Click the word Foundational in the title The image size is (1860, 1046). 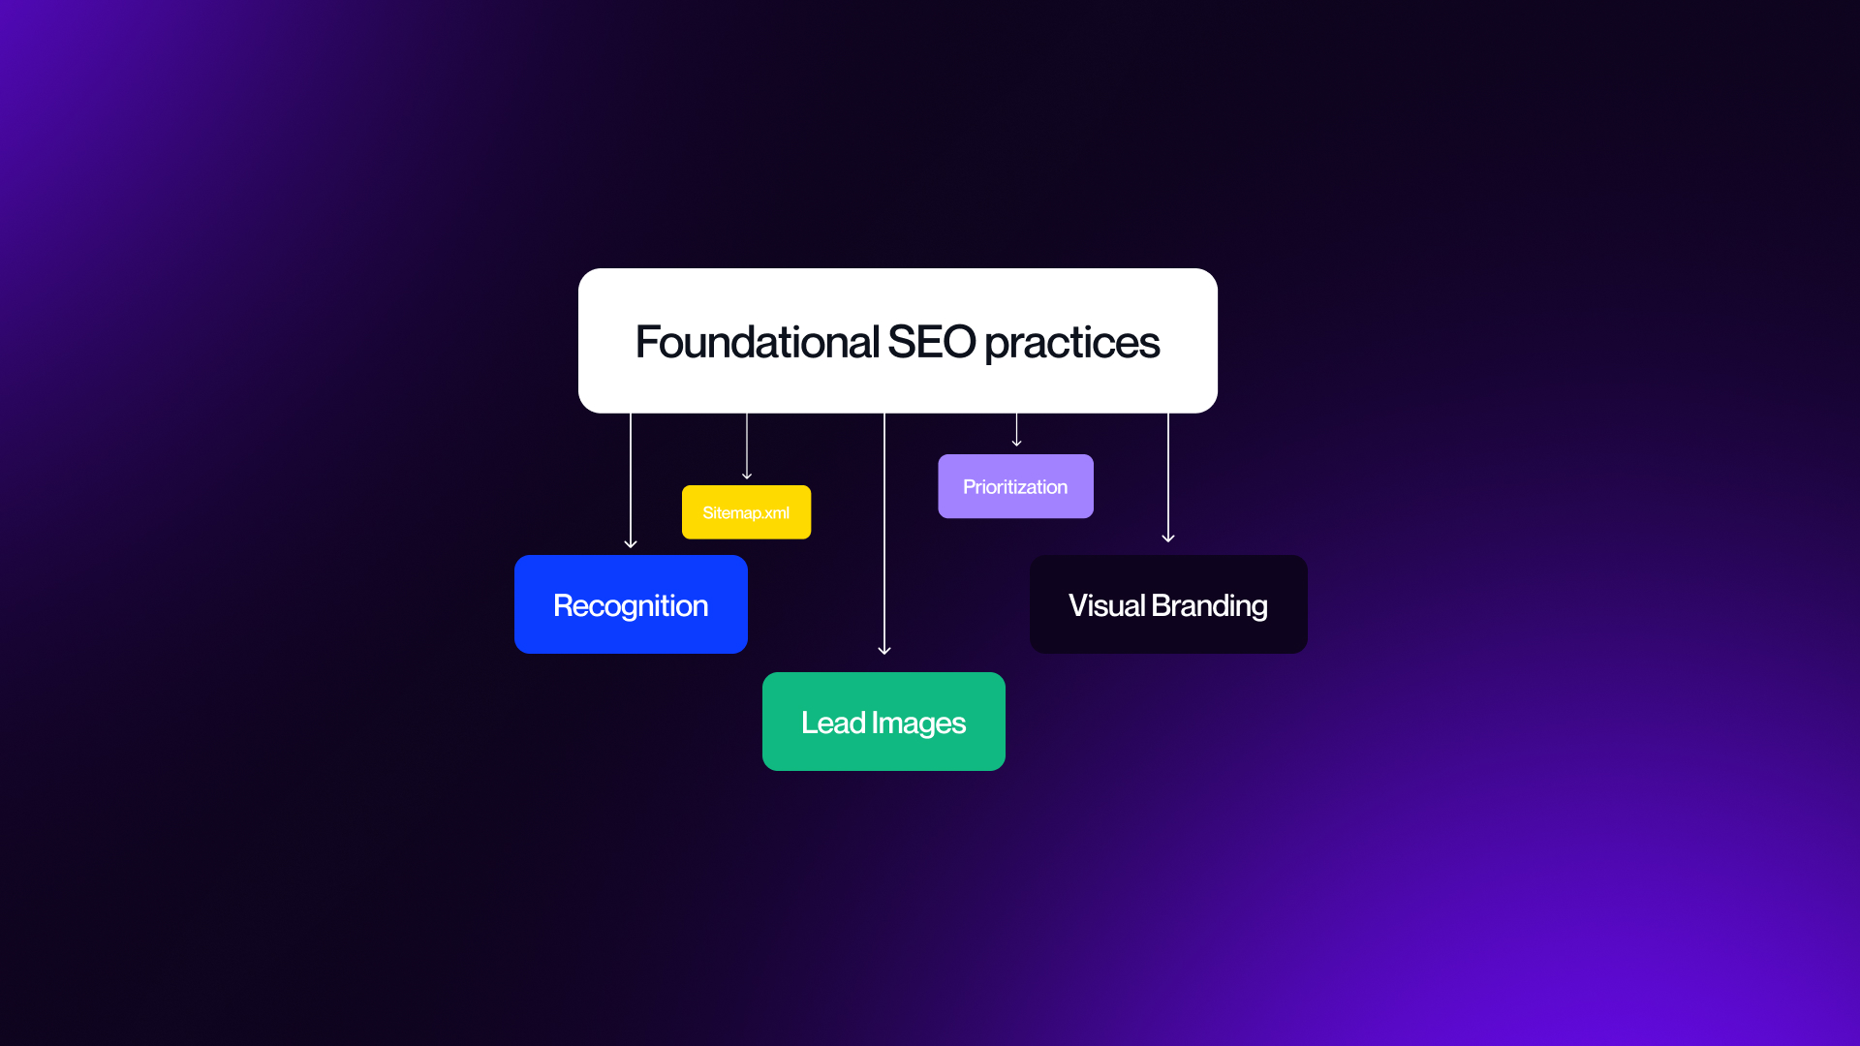pos(757,342)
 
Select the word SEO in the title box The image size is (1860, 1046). pos(931,342)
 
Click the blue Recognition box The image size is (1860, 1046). pos(631,604)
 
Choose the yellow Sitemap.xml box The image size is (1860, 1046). pos(746,512)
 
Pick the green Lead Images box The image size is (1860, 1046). pos(883,722)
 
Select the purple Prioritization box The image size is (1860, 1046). pos(1015,486)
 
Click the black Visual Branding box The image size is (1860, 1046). pos(1168,604)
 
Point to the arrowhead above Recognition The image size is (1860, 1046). pos(631,544)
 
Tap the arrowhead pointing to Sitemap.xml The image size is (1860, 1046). pos(747,476)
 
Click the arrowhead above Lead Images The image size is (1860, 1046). pos(884,651)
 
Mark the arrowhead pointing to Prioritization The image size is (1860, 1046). pos(1016,443)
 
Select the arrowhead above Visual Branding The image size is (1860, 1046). pos(1168,538)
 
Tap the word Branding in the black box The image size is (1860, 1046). pos(1209,606)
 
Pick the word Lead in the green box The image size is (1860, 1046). pos(833,723)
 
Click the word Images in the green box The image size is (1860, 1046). pos(918,723)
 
